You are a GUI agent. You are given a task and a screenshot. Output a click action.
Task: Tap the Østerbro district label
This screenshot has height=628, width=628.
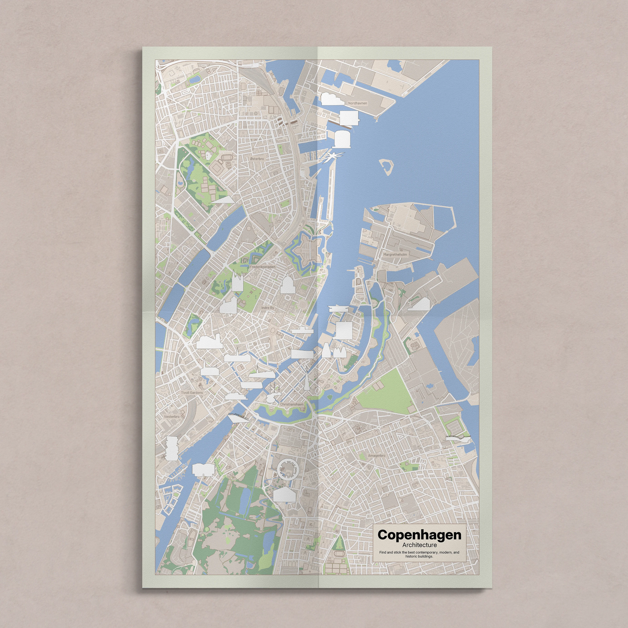coord(257,159)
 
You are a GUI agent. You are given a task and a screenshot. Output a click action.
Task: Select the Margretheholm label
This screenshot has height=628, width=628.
coord(395,255)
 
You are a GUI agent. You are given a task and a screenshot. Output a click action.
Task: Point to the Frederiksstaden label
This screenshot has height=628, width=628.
coord(262,267)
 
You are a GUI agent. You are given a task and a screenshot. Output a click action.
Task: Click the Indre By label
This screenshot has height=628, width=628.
coord(267,307)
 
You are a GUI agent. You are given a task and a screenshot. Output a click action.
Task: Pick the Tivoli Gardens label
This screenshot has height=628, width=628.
coord(192,392)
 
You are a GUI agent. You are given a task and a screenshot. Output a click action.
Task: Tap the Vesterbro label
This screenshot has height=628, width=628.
coord(172,416)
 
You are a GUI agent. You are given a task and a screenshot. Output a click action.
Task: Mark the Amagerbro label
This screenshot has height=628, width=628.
coord(376,455)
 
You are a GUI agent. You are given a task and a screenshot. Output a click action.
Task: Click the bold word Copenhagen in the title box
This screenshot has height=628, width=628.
coord(419,535)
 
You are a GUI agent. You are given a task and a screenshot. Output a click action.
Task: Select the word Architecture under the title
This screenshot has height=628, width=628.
coord(419,545)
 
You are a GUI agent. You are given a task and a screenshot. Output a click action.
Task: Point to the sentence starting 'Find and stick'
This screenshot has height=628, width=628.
coord(419,554)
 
